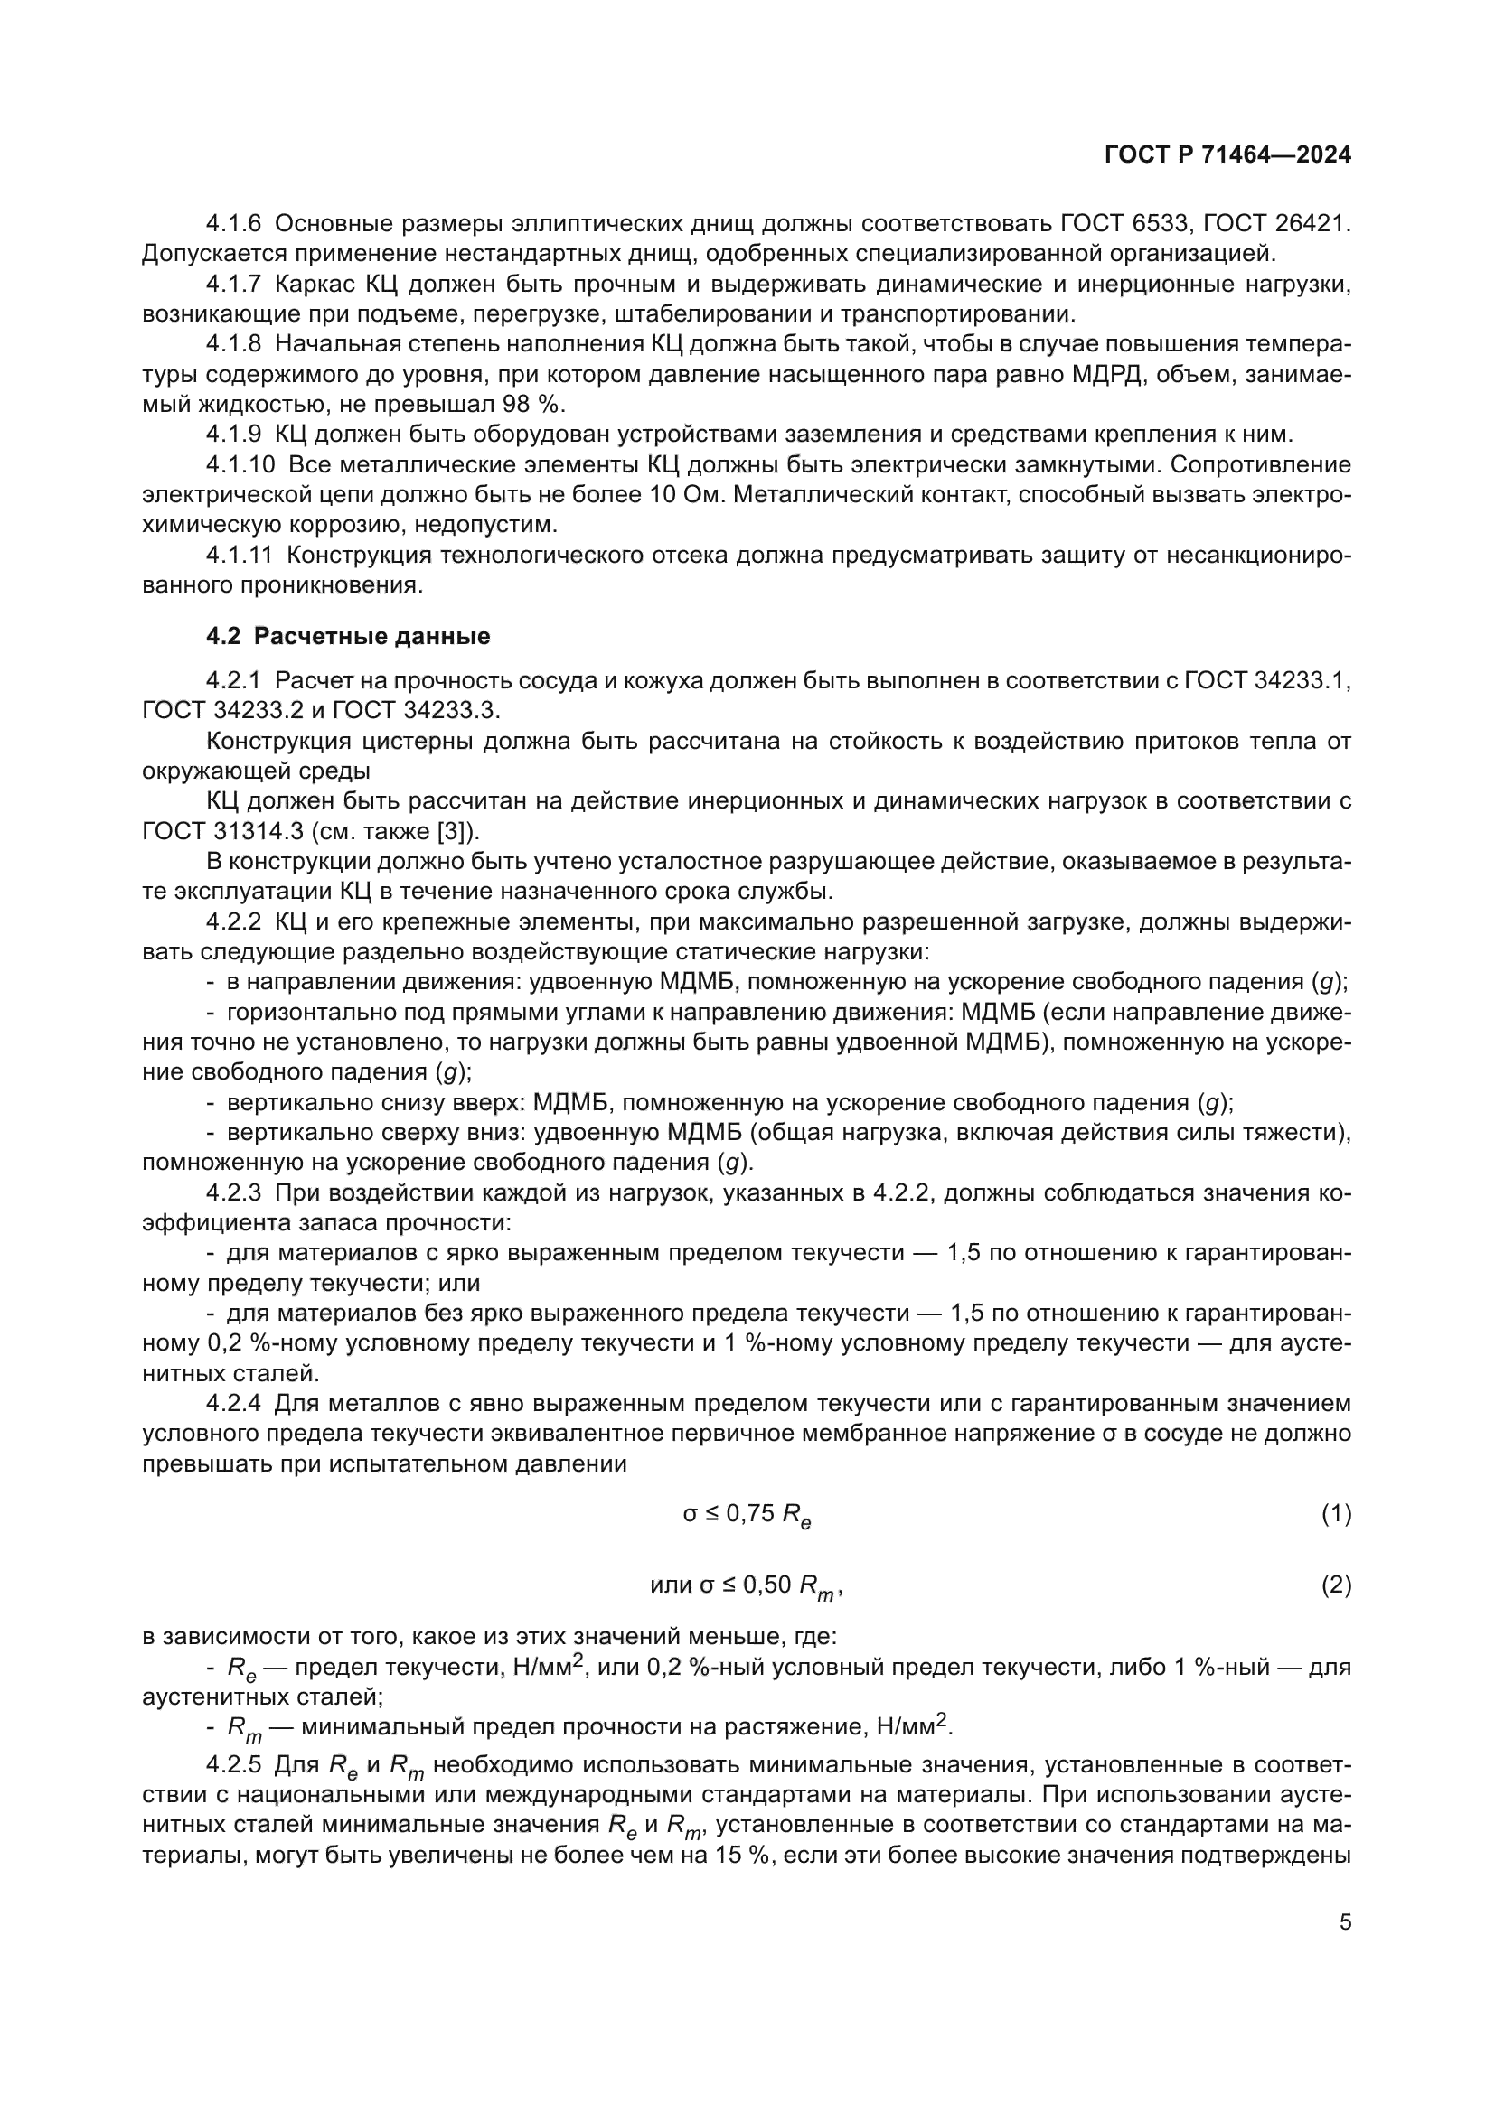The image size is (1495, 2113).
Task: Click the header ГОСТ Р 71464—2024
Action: click(1227, 155)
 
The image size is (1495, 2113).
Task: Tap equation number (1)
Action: click(1336, 1513)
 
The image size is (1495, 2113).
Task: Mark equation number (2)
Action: click(1336, 1585)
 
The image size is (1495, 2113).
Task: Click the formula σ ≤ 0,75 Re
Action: click(747, 1515)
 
